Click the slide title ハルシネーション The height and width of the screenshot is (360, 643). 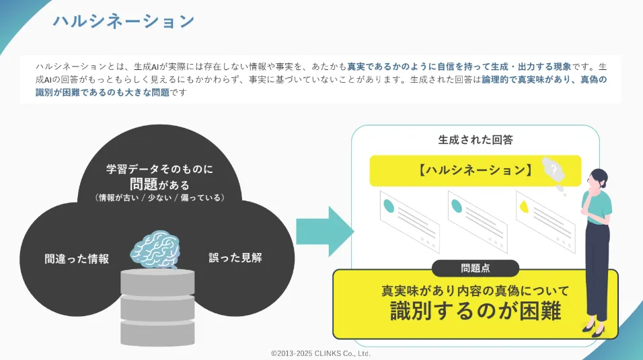[x=124, y=21]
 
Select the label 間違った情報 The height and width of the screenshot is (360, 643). [x=77, y=258]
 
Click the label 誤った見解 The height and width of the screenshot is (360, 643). [x=235, y=257]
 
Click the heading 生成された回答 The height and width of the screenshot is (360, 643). [x=475, y=140]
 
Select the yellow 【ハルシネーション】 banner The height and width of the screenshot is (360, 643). [x=474, y=170]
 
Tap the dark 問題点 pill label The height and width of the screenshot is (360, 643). [x=475, y=268]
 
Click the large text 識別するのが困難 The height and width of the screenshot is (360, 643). [x=475, y=312]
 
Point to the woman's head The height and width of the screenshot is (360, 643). [x=597, y=178]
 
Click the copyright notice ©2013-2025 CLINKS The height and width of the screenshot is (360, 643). [x=321, y=353]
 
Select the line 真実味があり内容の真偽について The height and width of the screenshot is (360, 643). [x=475, y=291]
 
